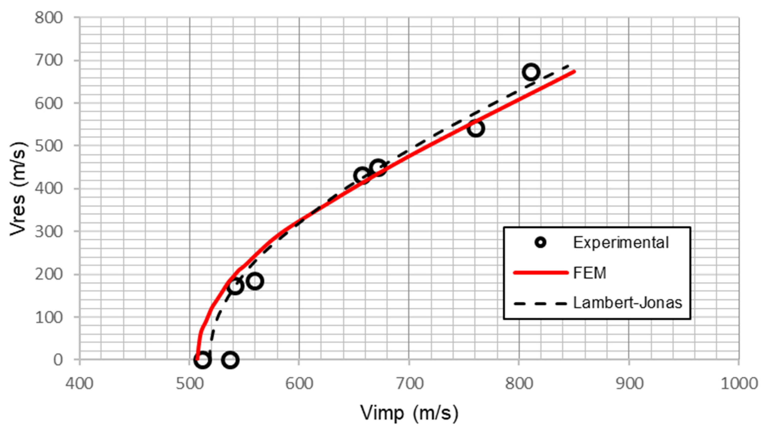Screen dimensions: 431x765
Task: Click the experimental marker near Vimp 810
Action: pos(531,72)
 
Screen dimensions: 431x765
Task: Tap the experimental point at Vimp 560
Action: pos(255,281)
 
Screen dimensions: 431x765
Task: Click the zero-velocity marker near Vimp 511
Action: pos(203,360)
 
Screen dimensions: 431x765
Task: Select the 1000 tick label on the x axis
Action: pos(739,384)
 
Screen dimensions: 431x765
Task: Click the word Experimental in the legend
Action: pos(621,242)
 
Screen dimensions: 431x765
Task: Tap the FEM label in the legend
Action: pos(589,273)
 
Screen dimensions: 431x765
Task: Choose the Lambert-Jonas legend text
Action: pos(627,303)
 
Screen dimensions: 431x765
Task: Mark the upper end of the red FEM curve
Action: pos(575,71)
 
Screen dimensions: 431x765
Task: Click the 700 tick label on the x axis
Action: pos(409,384)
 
